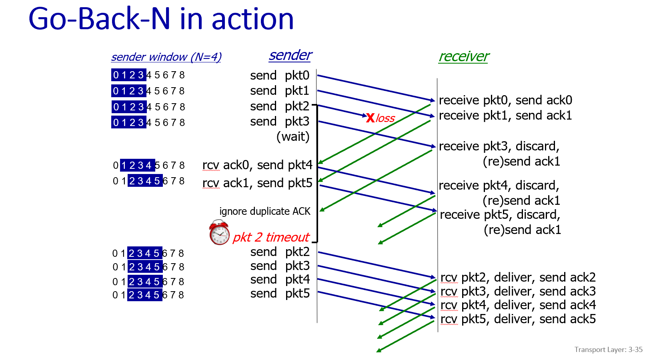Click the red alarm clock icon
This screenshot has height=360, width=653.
tap(219, 232)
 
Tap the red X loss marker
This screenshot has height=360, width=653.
tap(370, 118)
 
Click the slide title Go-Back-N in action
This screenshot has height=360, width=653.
tap(161, 19)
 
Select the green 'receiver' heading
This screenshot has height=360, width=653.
tap(463, 56)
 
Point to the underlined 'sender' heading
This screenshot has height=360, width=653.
tap(290, 55)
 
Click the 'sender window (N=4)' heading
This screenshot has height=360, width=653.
tap(166, 57)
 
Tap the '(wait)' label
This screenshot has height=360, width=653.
tap(293, 137)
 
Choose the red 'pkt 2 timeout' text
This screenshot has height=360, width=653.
tap(271, 237)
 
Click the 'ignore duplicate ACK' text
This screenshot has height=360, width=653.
tap(264, 211)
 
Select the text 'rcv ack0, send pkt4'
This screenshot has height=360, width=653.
tap(257, 165)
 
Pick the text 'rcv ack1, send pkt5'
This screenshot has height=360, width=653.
tap(257, 183)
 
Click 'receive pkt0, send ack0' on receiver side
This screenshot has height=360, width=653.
tap(505, 100)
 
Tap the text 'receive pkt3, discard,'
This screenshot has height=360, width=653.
tap(499, 146)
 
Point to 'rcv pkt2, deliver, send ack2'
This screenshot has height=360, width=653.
tap(518, 277)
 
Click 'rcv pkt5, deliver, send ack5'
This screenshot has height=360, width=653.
tap(518, 319)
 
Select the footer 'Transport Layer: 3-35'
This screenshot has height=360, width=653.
tap(608, 350)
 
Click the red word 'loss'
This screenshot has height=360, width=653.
tap(385, 118)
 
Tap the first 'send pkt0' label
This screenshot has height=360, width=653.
tap(280, 75)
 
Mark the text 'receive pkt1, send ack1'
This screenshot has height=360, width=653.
tap(505, 115)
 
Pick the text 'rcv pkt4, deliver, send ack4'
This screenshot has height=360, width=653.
tap(518, 305)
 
